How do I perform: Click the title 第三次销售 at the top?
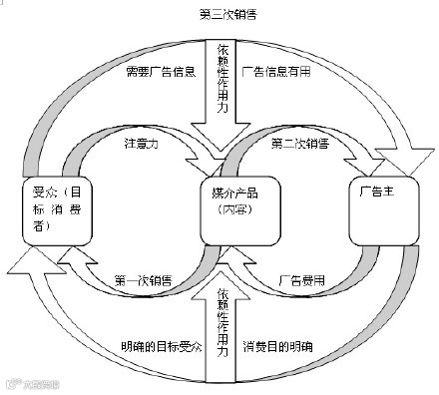coord(220,14)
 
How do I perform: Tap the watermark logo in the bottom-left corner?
coord(30,382)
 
